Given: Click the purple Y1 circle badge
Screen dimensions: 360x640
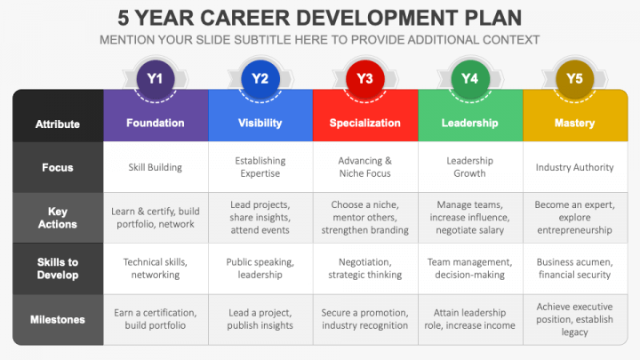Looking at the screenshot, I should [156, 78].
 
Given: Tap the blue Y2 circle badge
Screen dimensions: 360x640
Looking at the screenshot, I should [260, 78].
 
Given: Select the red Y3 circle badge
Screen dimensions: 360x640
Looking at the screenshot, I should [364, 78].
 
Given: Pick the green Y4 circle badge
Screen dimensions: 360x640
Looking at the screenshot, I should [469, 78].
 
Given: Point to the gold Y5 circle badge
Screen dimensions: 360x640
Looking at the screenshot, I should [574, 78].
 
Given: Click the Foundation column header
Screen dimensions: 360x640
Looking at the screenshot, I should [156, 123].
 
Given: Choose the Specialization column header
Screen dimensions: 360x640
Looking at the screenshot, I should [364, 123].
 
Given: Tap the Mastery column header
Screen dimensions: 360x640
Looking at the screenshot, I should [574, 123].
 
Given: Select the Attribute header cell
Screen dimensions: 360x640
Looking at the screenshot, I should [58, 124].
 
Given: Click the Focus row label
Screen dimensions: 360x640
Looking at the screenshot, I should [58, 167].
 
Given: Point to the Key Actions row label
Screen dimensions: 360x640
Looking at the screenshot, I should [58, 218].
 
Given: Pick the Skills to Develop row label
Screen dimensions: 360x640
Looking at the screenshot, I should [58, 268].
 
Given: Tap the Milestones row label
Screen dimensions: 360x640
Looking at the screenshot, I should [58, 319].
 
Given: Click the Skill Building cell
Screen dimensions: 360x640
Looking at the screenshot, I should [156, 167].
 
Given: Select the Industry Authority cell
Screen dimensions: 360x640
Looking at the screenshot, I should [574, 167].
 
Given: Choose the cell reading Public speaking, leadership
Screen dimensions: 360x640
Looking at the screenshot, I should [260, 268].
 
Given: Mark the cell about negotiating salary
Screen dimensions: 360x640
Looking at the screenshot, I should [469, 218].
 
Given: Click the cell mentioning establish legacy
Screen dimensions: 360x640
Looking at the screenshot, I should [574, 319].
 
